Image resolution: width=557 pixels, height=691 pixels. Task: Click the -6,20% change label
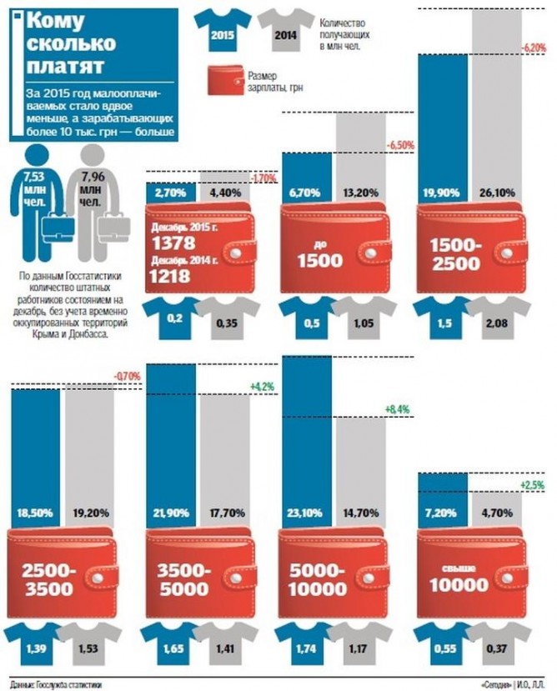(532, 48)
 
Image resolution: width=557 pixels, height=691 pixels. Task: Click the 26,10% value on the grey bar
(499, 193)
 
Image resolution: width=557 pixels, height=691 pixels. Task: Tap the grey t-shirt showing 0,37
(499, 643)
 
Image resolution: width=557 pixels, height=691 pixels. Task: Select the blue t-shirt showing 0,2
(173, 317)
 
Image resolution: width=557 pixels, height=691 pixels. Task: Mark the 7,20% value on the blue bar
(442, 512)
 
